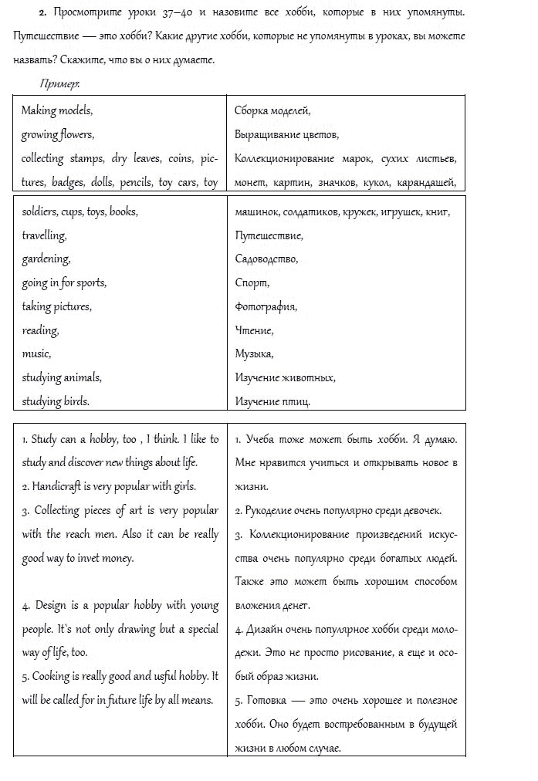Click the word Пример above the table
tap(59, 83)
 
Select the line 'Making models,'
tap(57, 110)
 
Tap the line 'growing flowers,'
tap(58, 134)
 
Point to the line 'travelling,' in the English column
tap(44, 235)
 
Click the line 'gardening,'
tap(46, 259)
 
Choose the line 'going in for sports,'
tap(64, 283)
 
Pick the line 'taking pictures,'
tap(56, 306)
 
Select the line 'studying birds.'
tap(56, 401)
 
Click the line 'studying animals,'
tap(62, 377)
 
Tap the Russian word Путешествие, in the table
tap(269, 235)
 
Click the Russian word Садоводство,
tap(266, 259)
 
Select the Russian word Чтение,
tap(254, 330)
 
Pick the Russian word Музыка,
tap(254, 354)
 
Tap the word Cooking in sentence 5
tap(52, 676)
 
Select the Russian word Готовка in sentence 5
tap(266, 701)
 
